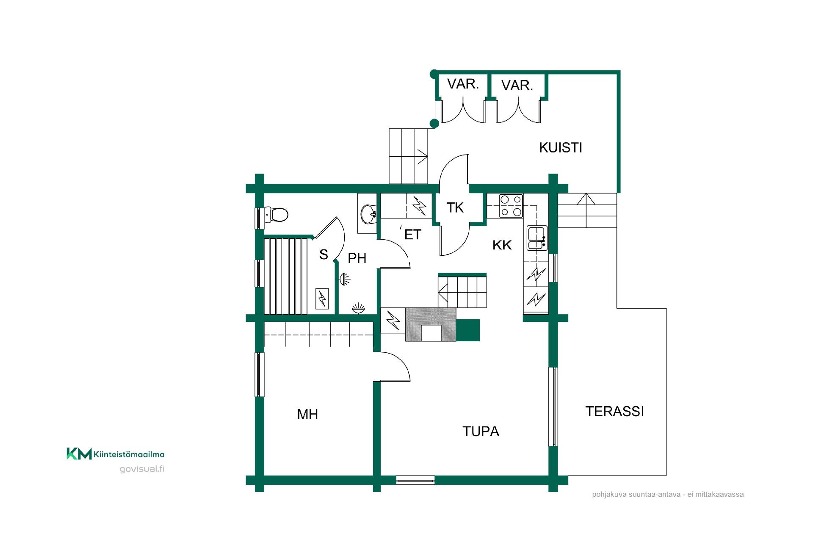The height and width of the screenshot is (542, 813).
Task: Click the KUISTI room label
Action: point(561,147)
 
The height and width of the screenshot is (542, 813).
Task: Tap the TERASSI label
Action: point(614,411)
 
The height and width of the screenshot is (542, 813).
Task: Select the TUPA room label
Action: point(481,431)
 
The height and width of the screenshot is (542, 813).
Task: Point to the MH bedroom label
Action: point(307,414)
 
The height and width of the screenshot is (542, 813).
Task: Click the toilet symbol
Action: point(276,215)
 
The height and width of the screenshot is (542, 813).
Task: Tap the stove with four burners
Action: point(511,206)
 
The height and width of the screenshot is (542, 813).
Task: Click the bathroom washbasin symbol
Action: point(368,214)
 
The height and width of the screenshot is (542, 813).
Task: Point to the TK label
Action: point(455,207)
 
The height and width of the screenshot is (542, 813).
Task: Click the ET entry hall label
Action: point(413,234)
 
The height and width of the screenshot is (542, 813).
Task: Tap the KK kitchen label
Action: point(502,245)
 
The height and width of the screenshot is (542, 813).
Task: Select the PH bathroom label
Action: point(357,258)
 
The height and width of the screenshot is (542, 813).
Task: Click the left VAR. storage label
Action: point(463,84)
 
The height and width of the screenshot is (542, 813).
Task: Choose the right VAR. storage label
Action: point(517,86)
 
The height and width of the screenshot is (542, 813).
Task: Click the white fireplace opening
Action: point(431,333)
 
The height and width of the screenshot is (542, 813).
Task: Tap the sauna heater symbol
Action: point(322,298)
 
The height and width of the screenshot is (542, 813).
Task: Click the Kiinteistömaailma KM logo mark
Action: point(79,454)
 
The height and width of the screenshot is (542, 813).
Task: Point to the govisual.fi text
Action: point(142,469)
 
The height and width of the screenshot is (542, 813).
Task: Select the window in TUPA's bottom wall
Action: point(415,480)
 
